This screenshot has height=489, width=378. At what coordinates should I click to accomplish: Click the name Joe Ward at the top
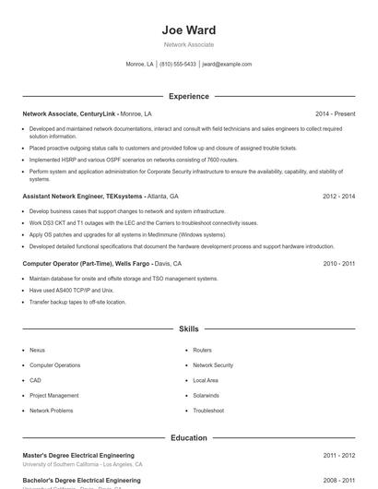pyautogui.click(x=188, y=30)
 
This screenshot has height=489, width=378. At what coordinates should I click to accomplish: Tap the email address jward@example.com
pyautogui.click(x=226, y=65)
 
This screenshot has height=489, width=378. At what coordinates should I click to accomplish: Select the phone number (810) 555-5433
pyautogui.click(x=178, y=65)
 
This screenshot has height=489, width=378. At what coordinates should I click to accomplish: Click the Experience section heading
pyautogui.click(x=188, y=96)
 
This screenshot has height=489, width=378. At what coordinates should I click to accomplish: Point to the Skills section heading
pyautogui.click(x=188, y=328)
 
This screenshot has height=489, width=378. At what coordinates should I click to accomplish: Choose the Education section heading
pyautogui.click(x=188, y=437)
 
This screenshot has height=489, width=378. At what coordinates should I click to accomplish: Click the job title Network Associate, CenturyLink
pyautogui.click(x=70, y=113)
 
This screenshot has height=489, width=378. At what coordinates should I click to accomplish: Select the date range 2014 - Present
pyautogui.click(x=336, y=113)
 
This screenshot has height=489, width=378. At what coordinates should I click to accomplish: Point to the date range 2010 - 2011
pyautogui.click(x=339, y=263)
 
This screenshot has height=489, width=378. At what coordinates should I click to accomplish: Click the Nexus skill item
pyautogui.click(x=37, y=351)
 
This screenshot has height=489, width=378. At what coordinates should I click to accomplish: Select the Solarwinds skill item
pyautogui.click(x=208, y=395)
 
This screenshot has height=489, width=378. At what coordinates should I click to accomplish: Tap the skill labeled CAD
pyautogui.click(x=35, y=380)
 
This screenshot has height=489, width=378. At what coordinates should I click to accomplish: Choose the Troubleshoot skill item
pyautogui.click(x=208, y=410)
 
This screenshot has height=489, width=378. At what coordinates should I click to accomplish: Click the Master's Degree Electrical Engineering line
pyautogui.click(x=78, y=455)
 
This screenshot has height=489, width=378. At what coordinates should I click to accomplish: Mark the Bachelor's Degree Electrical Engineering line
pyautogui.click(x=81, y=481)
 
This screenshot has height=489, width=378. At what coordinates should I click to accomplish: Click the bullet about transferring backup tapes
pyautogui.click(x=77, y=302)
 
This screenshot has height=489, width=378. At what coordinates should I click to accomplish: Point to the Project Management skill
pyautogui.click(x=54, y=395)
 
